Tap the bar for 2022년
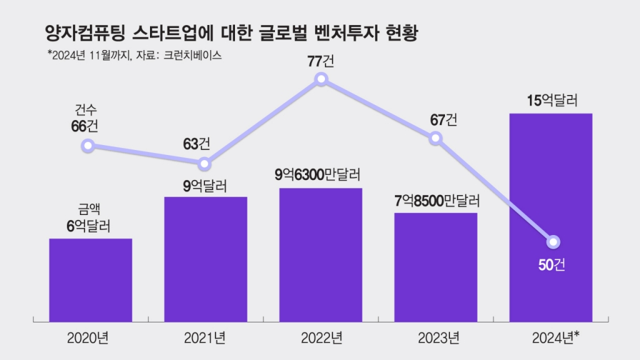click(x=321, y=254)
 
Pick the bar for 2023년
click(x=436, y=266)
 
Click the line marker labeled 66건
click(x=88, y=146)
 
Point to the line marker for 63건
click(x=205, y=164)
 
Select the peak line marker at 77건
click(x=321, y=79)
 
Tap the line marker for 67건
click(x=436, y=139)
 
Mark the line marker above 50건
click(x=552, y=242)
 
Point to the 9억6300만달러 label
click(x=319, y=175)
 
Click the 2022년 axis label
click(x=321, y=339)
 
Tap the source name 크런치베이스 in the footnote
click(x=193, y=55)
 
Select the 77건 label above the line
click(x=321, y=61)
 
